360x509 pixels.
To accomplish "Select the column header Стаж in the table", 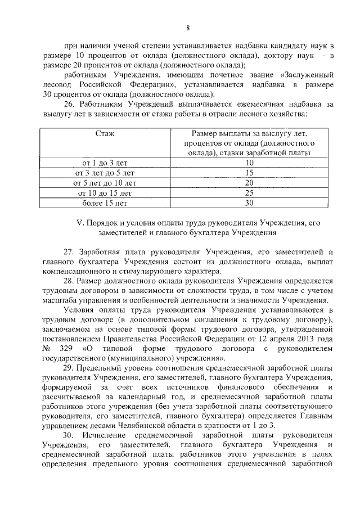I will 104,134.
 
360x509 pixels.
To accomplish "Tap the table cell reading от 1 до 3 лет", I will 104,163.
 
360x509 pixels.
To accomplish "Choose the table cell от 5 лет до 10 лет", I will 104,183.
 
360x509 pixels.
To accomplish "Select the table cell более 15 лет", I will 104,202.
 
